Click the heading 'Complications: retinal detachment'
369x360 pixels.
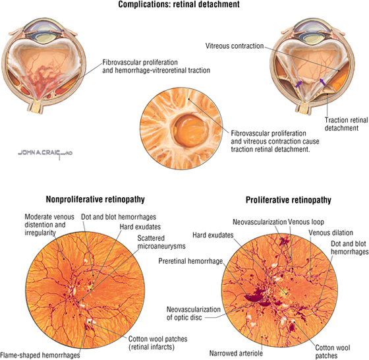(x=179, y=4)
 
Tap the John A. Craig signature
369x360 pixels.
(x=45, y=153)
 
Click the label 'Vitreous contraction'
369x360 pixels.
(x=235, y=46)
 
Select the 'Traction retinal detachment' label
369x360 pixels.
(x=347, y=124)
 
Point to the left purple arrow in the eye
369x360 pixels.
(x=298, y=84)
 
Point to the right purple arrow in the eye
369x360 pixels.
(x=323, y=82)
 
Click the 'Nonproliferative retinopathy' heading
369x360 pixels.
(x=96, y=199)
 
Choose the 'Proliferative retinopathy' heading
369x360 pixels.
(x=289, y=200)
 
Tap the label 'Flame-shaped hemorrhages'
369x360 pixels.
(x=40, y=355)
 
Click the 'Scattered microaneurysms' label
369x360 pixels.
(x=161, y=242)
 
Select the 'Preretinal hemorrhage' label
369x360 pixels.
(x=190, y=261)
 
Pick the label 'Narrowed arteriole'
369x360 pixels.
(x=236, y=353)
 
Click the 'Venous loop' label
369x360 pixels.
(x=306, y=222)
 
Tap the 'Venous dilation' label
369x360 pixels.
(x=331, y=233)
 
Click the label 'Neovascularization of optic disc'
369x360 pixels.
(x=194, y=313)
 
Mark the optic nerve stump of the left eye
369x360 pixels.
(x=36, y=106)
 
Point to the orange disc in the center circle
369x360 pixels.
(x=192, y=130)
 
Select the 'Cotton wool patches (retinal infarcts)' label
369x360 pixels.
(x=157, y=343)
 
